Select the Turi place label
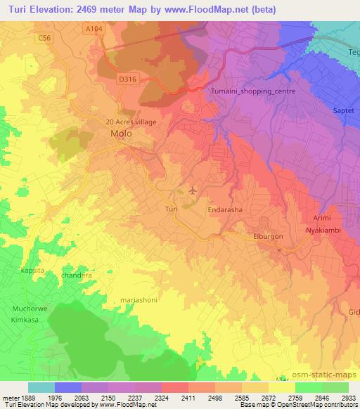coord(170,209)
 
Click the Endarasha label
coord(226,209)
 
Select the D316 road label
coord(127,79)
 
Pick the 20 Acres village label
coord(130,122)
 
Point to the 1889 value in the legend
coord(26,397)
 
